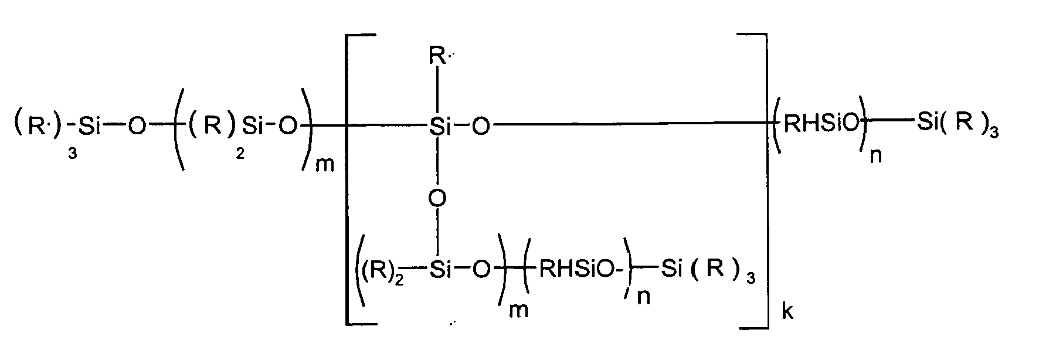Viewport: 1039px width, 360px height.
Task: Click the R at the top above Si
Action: point(437,58)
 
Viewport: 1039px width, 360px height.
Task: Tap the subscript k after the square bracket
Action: point(787,311)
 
